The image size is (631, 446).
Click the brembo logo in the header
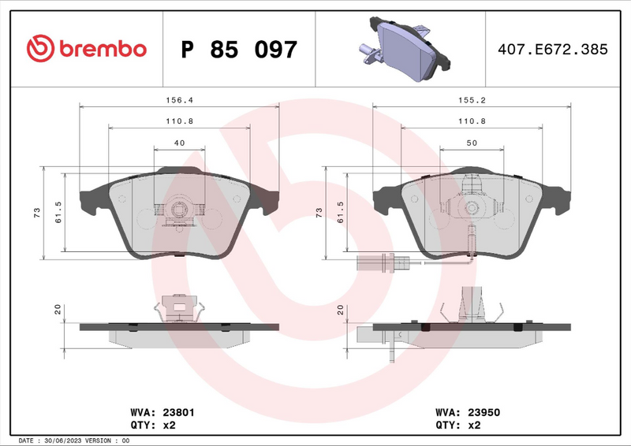(x=86, y=49)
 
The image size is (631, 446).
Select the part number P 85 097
(x=239, y=50)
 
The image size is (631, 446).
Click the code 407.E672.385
(x=552, y=49)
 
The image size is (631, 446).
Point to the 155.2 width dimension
(x=471, y=101)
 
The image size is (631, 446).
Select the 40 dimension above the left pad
(x=179, y=143)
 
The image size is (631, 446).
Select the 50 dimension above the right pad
(x=471, y=143)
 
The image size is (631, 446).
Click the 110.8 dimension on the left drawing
(x=179, y=121)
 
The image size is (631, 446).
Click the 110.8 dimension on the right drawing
(x=471, y=121)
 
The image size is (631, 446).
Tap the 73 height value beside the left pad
(x=37, y=214)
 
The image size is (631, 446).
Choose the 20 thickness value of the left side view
(x=58, y=310)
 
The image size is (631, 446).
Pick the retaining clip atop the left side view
(x=180, y=307)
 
